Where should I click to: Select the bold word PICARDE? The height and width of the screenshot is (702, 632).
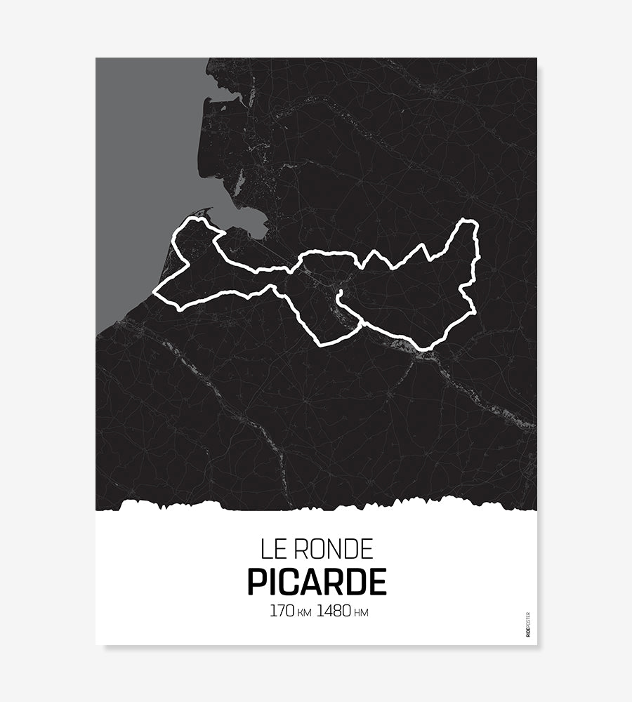317,582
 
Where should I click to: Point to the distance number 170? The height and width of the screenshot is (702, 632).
281,611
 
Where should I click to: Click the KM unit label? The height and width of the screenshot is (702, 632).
303,613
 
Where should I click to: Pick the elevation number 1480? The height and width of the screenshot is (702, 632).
334,611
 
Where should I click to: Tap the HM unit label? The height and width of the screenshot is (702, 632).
361,613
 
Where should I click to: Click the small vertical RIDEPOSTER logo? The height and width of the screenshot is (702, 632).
527,624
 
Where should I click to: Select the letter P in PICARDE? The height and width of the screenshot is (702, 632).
258,582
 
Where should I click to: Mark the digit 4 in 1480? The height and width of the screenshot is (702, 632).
328,611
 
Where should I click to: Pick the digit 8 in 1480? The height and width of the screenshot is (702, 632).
337,611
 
